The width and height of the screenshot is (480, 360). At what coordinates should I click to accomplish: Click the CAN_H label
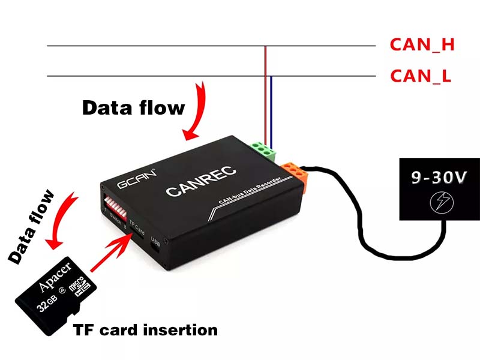click(422, 45)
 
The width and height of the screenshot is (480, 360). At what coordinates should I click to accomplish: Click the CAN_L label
click(421, 76)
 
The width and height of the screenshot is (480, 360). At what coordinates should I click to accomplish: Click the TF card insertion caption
click(145, 329)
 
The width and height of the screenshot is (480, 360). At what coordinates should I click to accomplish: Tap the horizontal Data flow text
click(133, 108)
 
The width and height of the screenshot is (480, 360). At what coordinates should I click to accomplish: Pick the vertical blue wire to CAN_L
click(271, 108)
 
